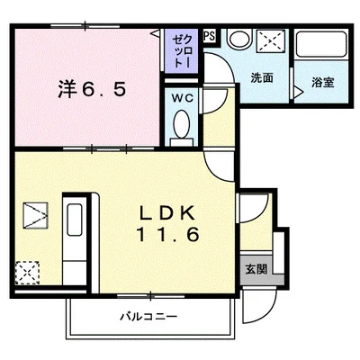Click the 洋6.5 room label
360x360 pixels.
92,89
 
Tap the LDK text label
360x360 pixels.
167,212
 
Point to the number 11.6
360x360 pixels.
168,234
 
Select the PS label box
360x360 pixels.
210,36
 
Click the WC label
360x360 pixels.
183,98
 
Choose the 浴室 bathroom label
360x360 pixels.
323,82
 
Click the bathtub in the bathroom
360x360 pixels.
321,44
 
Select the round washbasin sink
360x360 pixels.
238,39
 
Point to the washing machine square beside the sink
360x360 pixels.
271,40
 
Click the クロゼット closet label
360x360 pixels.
182,51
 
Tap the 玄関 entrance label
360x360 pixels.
256,269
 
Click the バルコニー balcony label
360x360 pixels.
148,316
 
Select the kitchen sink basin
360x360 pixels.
75,220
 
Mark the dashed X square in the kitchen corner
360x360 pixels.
28,273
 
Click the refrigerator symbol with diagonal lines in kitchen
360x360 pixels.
35,215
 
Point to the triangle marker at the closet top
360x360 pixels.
156,33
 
